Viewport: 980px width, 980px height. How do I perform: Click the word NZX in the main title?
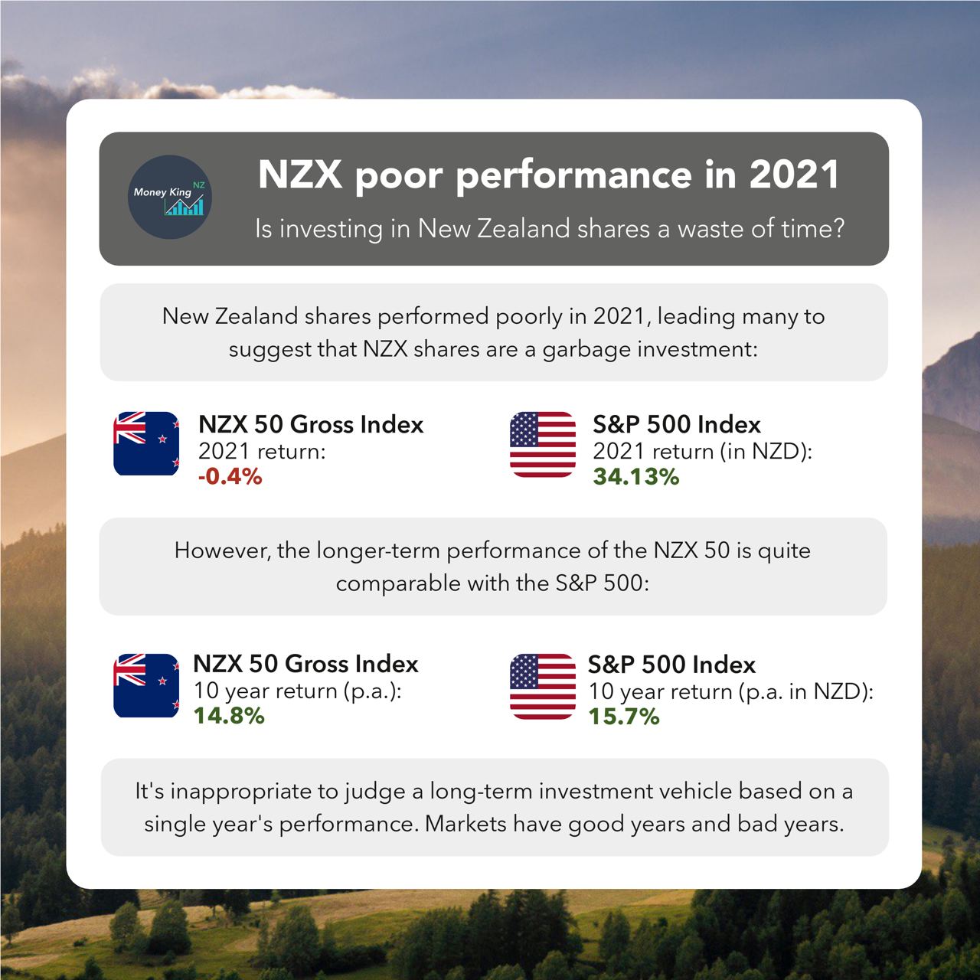point(299,175)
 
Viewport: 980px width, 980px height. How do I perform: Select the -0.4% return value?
point(230,477)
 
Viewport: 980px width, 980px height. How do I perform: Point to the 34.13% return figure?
point(635,477)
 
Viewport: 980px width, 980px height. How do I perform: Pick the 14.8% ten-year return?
point(229,717)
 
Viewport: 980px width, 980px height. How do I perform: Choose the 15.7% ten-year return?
point(623,717)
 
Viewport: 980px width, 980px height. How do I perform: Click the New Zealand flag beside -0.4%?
point(146,443)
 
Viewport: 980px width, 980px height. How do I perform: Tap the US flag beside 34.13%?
point(543,444)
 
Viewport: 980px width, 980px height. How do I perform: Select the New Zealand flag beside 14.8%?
point(146,685)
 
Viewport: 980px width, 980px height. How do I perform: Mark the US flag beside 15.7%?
point(543,686)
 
